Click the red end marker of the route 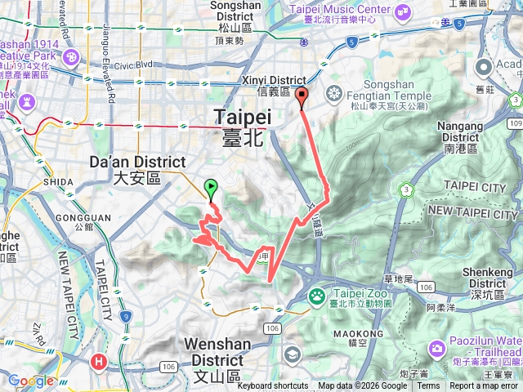coord(302,98)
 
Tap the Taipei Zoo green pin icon coord(316,296)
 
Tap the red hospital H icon coord(100,359)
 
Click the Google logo coord(31,381)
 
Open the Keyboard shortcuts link coord(273,386)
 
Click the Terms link coord(428,386)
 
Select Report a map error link coord(484,386)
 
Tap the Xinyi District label coord(268,86)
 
